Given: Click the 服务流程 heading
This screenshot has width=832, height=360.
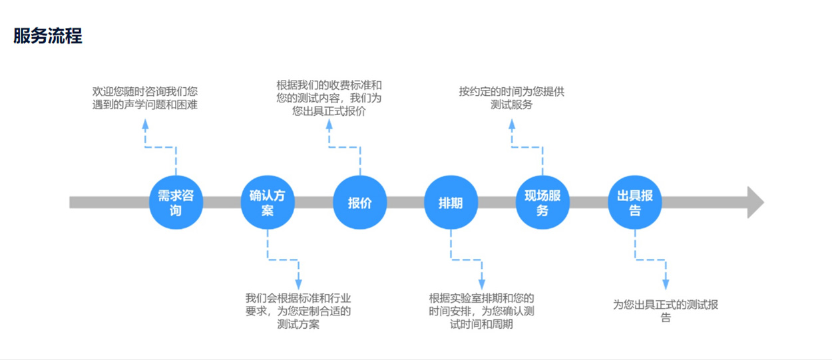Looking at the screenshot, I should [48, 36].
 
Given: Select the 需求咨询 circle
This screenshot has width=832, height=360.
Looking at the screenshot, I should [176, 202].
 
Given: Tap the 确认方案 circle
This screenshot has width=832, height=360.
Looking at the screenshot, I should [268, 202].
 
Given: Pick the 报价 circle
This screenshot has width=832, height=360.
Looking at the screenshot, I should [359, 202].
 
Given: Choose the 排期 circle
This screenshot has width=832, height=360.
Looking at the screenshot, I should [451, 202].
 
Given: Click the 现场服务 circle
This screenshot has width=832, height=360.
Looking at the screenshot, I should [542, 202].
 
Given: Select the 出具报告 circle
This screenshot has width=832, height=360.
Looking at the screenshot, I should [634, 202].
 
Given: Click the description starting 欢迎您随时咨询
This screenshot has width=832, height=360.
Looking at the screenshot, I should [145, 98].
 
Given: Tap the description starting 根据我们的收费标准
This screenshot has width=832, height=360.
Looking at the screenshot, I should [329, 98].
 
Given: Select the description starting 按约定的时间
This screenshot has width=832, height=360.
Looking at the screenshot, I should [511, 98].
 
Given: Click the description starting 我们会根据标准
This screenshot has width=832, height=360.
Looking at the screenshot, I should [298, 311].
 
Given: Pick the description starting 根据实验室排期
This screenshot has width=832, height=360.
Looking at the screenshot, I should [482, 311].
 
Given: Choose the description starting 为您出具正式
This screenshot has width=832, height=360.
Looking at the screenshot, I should [666, 311].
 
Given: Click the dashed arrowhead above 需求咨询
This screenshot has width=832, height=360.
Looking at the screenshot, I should [145, 124].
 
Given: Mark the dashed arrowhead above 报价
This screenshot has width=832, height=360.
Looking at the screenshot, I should [329, 124].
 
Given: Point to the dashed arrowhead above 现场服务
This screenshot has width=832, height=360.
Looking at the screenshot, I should [511, 124].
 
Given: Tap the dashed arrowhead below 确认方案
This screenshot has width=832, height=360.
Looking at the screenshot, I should [298, 284].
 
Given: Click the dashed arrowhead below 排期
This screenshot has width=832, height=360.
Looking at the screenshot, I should [482, 284].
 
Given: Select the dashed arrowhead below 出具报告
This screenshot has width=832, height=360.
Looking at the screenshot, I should [666, 284].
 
